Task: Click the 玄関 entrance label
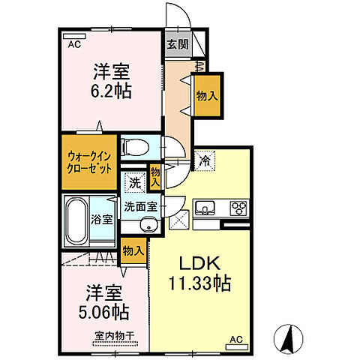(177, 43)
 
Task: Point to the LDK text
(198, 265)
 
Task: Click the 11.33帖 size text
(198, 284)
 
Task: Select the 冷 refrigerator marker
(205, 159)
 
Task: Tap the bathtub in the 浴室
(79, 219)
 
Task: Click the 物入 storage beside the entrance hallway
(208, 95)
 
